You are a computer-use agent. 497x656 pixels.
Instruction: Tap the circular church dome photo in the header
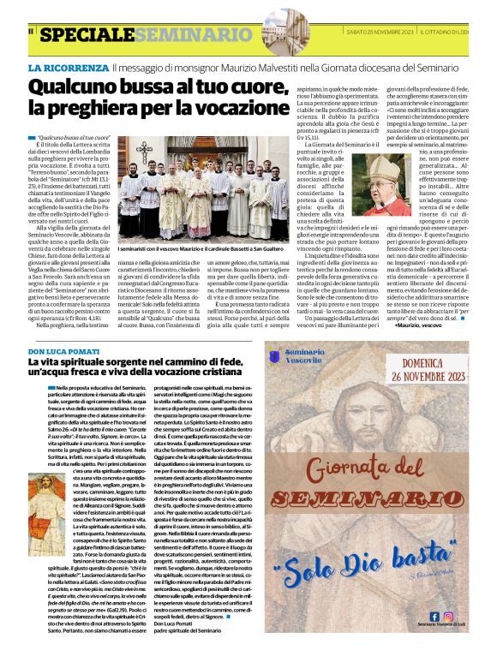(x=284, y=32)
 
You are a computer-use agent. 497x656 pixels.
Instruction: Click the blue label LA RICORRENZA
(x=68, y=67)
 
